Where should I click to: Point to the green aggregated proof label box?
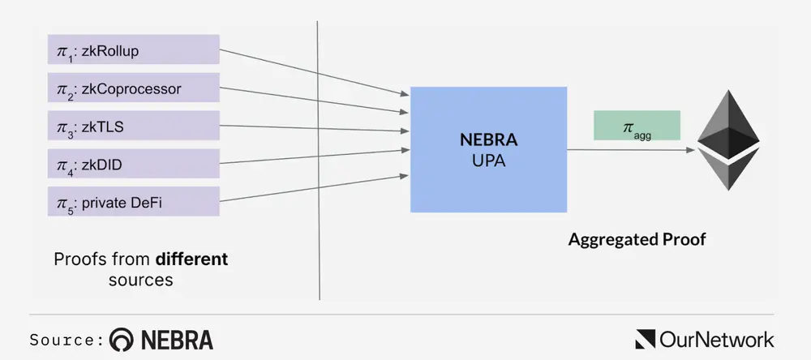tap(637, 126)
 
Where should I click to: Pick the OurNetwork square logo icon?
tap(646, 339)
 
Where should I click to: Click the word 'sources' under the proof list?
tap(140, 281)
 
